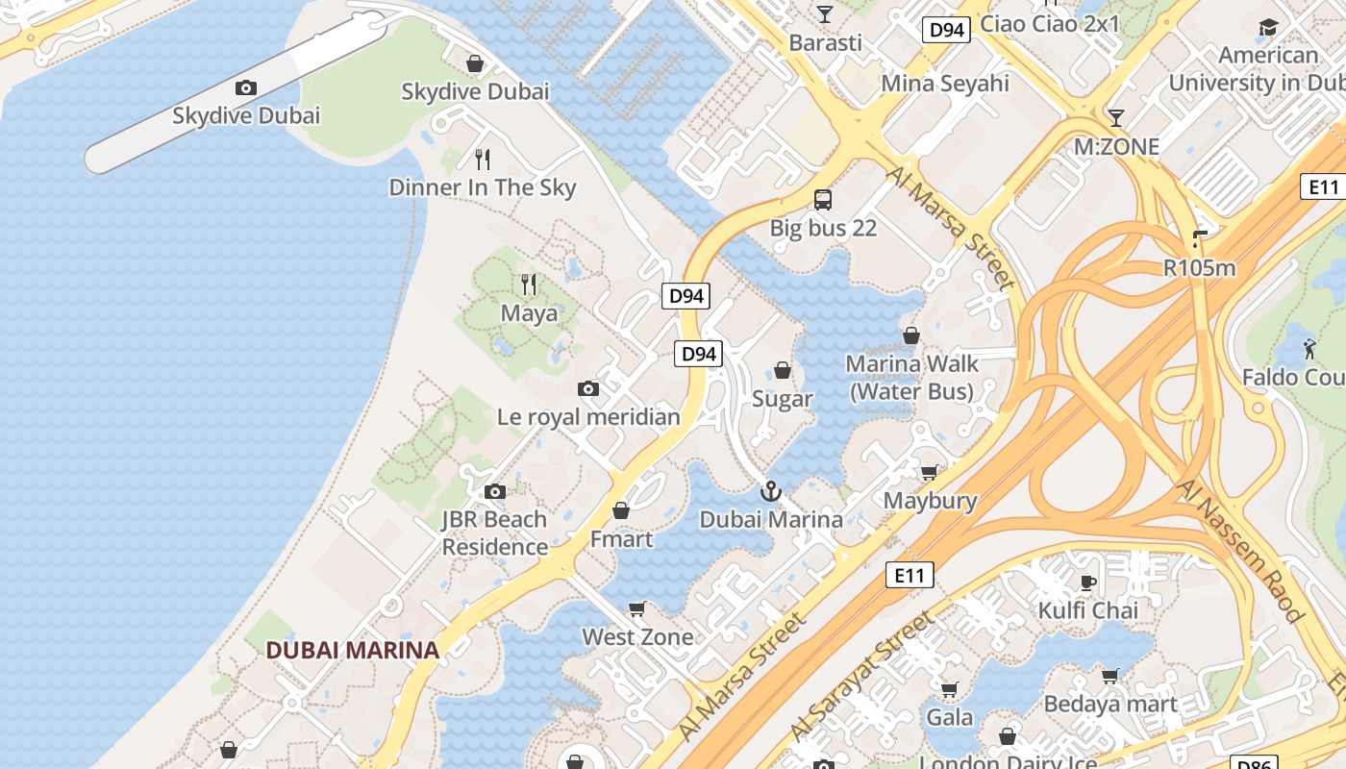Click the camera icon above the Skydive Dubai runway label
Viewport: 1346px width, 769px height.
(246, 88)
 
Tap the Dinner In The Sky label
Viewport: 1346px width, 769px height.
(483, 187)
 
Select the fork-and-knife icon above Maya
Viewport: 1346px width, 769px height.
(529, 284)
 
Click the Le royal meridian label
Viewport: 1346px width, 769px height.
(588, 417)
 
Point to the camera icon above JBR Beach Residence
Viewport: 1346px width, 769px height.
(495, 492)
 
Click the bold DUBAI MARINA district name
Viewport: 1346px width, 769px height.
(352, 650)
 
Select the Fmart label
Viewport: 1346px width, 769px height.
(621, 539)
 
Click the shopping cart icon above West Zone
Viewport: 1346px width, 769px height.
(636, 609)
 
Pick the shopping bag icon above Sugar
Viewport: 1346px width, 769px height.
(783, 371)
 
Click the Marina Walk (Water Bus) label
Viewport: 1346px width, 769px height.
(911, 378)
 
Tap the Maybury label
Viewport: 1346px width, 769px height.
(930, 501)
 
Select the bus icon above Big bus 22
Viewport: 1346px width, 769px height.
(823, 200)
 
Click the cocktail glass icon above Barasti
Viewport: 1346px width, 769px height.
(825, 14)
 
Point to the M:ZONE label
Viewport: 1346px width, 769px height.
(1116, 147)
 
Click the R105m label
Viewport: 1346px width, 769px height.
(1199, 268)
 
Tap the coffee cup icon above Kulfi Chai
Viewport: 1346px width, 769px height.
(1088, 583)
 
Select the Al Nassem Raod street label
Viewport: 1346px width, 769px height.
(1240, 550)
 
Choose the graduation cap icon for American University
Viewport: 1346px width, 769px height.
(1268, 27)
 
